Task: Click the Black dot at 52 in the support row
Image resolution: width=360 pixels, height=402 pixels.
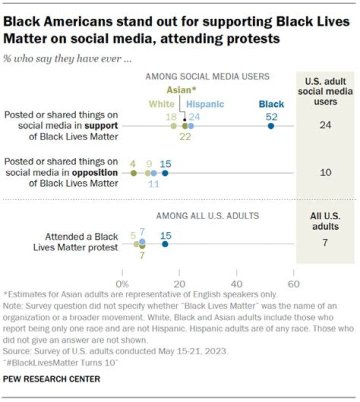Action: pyautogui.click(x=270, y=126)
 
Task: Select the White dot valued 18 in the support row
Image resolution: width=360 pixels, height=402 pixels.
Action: pyautogui.click(x=173, y=126)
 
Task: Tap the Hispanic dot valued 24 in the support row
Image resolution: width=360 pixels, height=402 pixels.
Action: pyautogui.click(x=191, y=126)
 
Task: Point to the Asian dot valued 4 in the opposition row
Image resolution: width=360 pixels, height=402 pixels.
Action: pyautogui.click(x=133, y=173)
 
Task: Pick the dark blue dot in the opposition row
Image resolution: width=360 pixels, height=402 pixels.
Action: pyautogui.click(x=165, y=173)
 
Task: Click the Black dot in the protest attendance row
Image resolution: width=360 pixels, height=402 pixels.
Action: pyautogui.click(x=165, y=244)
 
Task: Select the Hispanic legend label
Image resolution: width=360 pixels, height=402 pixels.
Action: pyautogui.click(x=205, y=104)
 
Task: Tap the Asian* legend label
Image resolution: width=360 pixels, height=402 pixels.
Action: pyautogui.click(x=181, y=90)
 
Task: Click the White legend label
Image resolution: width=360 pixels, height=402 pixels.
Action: pyautogui.click(x=161, y=104)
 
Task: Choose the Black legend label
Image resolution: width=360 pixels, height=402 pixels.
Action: pyautogui.click(x=271, y=104)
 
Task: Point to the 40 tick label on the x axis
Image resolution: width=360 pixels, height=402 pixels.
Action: pyautogui.click(x=236, y=284)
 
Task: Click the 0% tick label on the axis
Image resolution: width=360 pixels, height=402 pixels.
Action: pyautogui.click(x=122, y=284)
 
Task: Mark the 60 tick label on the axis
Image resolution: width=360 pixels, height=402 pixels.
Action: pyautogui.click(x=293, y=284)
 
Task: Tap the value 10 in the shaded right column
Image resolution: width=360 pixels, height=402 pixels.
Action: pyautogui.click(x=325, y=173)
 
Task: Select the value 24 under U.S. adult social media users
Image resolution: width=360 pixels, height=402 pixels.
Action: pyautogui.click(x=325, y=125)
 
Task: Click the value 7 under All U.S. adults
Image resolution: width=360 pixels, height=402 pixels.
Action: pyautogui.click(x=325, y=242)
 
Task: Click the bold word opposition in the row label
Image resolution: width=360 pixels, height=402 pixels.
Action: pyautogui.click(x=95, y=173)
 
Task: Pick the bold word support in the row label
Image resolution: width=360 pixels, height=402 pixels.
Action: pyautogui.click(x=101, y=126)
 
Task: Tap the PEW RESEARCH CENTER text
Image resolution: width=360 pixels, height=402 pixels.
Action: pyautogui.click(x=51, y=379)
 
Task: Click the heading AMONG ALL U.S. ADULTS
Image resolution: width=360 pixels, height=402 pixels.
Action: pyautogui.click(x=207, y=216)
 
